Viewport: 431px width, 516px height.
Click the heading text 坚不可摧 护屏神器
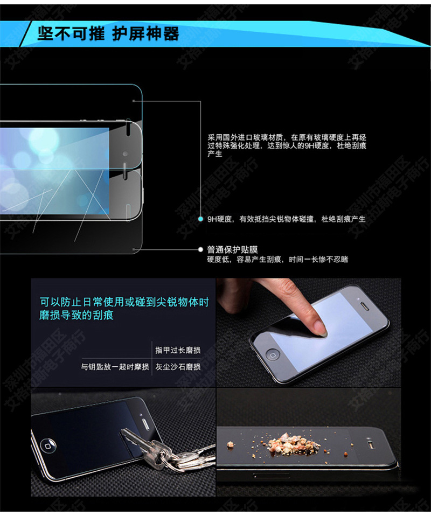(108, 34)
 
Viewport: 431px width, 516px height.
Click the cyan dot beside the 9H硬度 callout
(200, 219)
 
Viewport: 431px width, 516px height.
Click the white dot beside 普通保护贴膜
(200, 250)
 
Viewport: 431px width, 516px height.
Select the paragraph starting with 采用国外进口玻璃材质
(287, 145)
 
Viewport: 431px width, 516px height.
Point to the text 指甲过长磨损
(178, 350)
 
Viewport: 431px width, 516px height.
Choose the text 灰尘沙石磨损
(178, 367)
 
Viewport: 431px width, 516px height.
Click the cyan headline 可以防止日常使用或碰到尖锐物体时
(123, 302)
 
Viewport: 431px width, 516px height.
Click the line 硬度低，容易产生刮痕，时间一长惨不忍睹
(277, 260)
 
